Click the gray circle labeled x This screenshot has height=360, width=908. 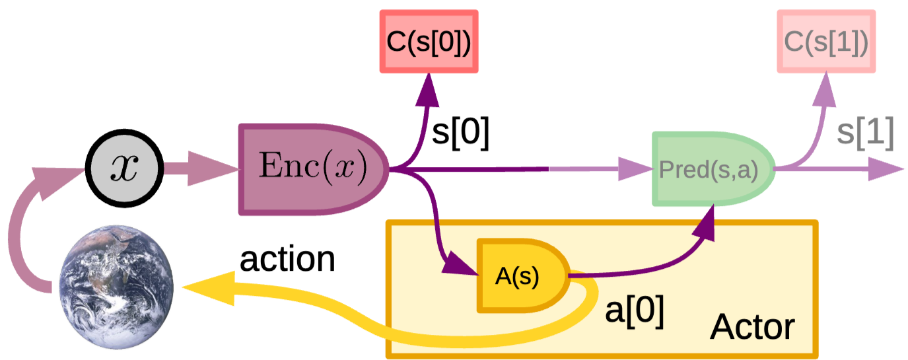124,168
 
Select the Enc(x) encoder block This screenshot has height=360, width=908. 313,170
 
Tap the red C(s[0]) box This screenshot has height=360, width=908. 429,42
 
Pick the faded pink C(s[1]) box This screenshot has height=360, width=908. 826,42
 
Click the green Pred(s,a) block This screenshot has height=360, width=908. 713,168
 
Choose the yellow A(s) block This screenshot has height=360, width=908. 523,275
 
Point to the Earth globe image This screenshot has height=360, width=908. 117,287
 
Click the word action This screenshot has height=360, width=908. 287,260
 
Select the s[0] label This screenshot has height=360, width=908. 461,132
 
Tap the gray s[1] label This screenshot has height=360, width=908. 866,132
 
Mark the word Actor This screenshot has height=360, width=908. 752,327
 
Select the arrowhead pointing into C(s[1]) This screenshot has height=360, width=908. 825,89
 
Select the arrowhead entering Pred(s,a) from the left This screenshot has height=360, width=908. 635,168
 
